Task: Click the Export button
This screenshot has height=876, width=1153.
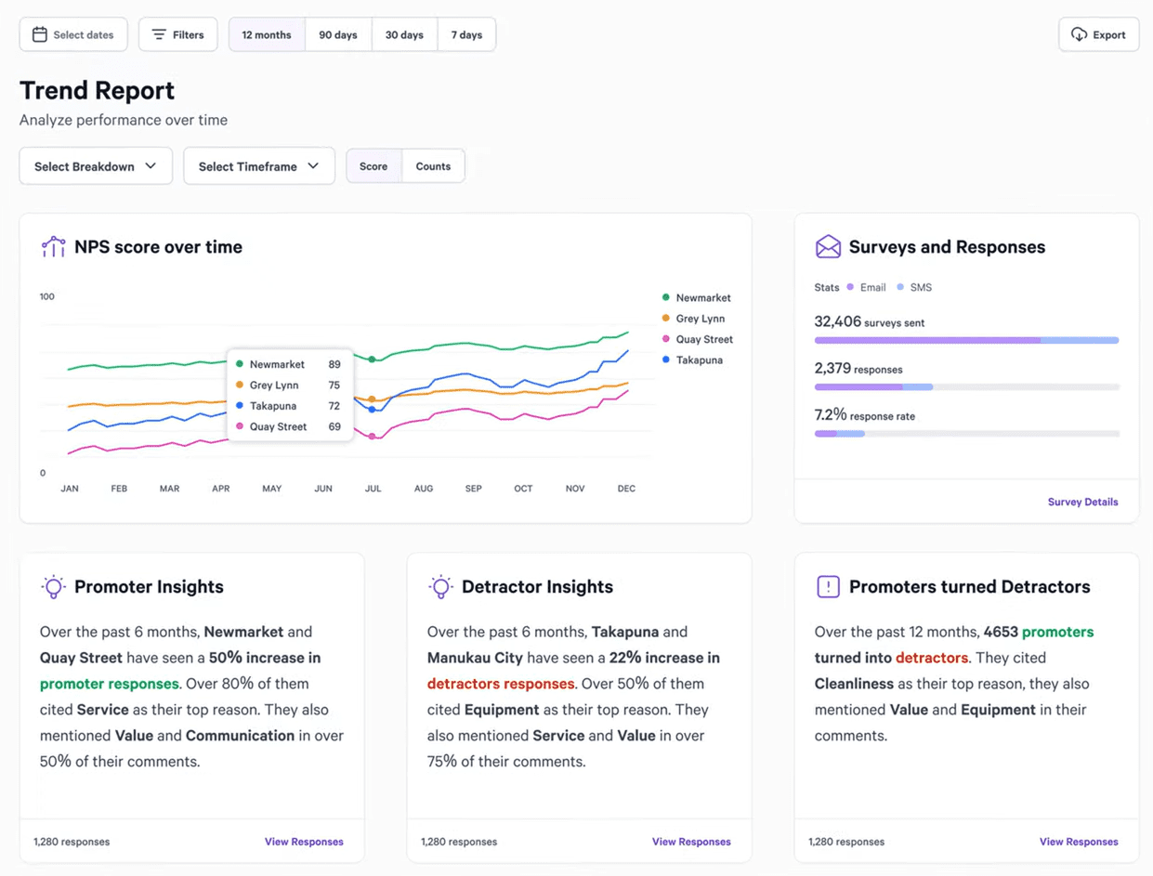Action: [x=1098, y=34]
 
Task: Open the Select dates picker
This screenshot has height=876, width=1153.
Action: [x=73, y=34]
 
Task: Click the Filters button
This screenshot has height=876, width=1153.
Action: [x=177, y=34]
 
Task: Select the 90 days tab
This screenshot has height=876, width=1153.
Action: [x=338, y=34]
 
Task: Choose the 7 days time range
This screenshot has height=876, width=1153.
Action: [x=466, y=34]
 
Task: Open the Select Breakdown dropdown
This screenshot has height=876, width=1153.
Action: [x=96, y=166]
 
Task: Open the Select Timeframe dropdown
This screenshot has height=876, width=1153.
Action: [x=258, y=166]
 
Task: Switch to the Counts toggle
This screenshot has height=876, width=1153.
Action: [x=433, y=166]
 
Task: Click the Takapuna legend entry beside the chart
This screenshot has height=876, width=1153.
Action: [x=699, y=360]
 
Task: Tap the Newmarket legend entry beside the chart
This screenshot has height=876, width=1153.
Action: [x=702, y=297]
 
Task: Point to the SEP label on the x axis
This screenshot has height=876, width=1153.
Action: [x=473, y=488]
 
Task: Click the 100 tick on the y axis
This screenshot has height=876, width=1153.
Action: [x=47, y=296]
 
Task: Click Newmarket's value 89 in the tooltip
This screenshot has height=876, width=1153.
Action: [x=334, y=364]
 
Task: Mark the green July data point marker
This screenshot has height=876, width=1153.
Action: [x=372, y=359]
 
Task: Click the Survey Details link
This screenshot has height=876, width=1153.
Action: [x=1082, y=502]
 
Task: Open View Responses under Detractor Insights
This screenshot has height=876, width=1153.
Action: [x=690, y=842]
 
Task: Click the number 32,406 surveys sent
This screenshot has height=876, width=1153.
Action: [x=837, y=321]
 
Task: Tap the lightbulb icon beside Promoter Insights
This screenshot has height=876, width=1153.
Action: [x=53, y=586]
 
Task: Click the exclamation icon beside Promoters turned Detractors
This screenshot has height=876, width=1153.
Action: [x=827, y=586]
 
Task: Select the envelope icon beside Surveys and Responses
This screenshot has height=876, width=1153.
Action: [x=827, y=246]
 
